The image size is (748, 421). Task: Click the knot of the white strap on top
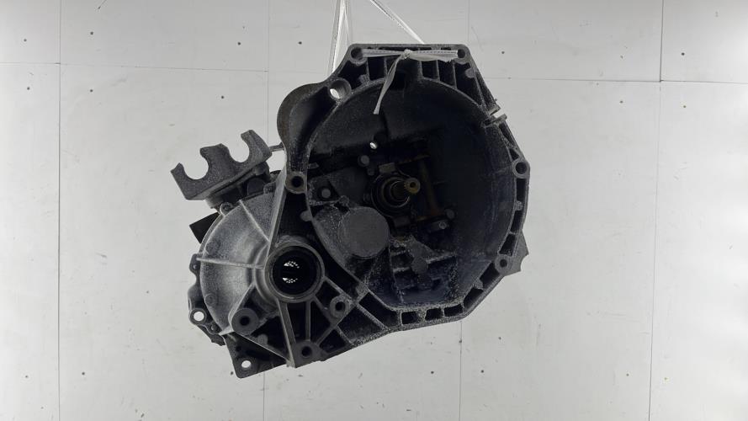407,56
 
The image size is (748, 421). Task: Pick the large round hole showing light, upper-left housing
339,90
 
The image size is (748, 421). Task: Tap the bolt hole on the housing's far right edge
520,168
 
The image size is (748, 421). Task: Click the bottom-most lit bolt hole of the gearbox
246,365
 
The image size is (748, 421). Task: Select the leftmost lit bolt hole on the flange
199,317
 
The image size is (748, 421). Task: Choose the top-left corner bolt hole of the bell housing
358,55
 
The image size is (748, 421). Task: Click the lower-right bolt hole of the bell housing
502,264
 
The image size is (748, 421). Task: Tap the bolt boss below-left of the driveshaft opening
247,320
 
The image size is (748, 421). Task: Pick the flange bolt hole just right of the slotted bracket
295,180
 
